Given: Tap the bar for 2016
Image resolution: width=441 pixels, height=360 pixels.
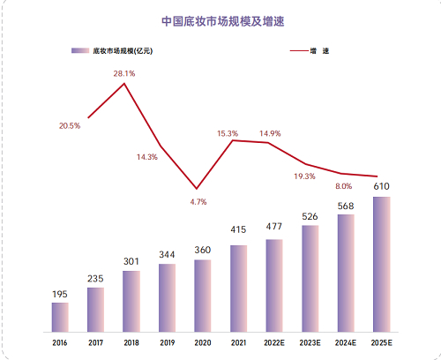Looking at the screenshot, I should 60,315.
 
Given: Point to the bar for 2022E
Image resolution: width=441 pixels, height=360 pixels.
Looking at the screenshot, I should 274,283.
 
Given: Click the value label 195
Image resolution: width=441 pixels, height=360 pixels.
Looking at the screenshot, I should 60,293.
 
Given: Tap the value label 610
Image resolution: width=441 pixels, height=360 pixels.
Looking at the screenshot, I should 381,186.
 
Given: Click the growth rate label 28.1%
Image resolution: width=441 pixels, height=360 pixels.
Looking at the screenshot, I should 124,74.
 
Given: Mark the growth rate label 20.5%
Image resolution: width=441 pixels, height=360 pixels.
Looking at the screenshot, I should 70,125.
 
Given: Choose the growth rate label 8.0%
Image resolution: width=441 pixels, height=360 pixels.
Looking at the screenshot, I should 343,186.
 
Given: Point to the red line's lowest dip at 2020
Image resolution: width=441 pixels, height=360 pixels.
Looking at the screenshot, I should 197,189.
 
